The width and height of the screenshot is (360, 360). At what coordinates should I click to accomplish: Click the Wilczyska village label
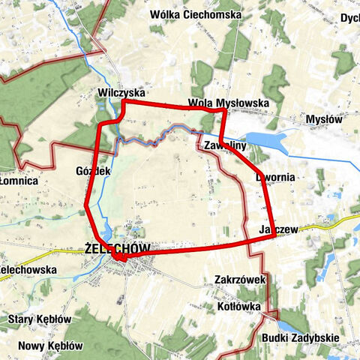click(121, 92)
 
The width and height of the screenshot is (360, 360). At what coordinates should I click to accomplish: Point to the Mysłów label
click(324, 118)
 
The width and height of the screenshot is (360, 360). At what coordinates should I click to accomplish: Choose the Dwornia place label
click(280, 177)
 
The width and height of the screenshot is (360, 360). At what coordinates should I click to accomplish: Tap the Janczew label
click(279, 229)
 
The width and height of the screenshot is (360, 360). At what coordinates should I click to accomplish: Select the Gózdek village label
click(94, 171)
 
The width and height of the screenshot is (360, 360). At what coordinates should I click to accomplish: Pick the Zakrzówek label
click(240, 279)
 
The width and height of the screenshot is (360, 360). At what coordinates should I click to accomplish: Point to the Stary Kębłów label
click(39, 319)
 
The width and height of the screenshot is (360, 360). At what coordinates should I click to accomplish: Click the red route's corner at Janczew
click(273, 235)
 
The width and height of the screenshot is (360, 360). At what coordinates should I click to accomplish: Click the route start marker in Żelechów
click(119, 258)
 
